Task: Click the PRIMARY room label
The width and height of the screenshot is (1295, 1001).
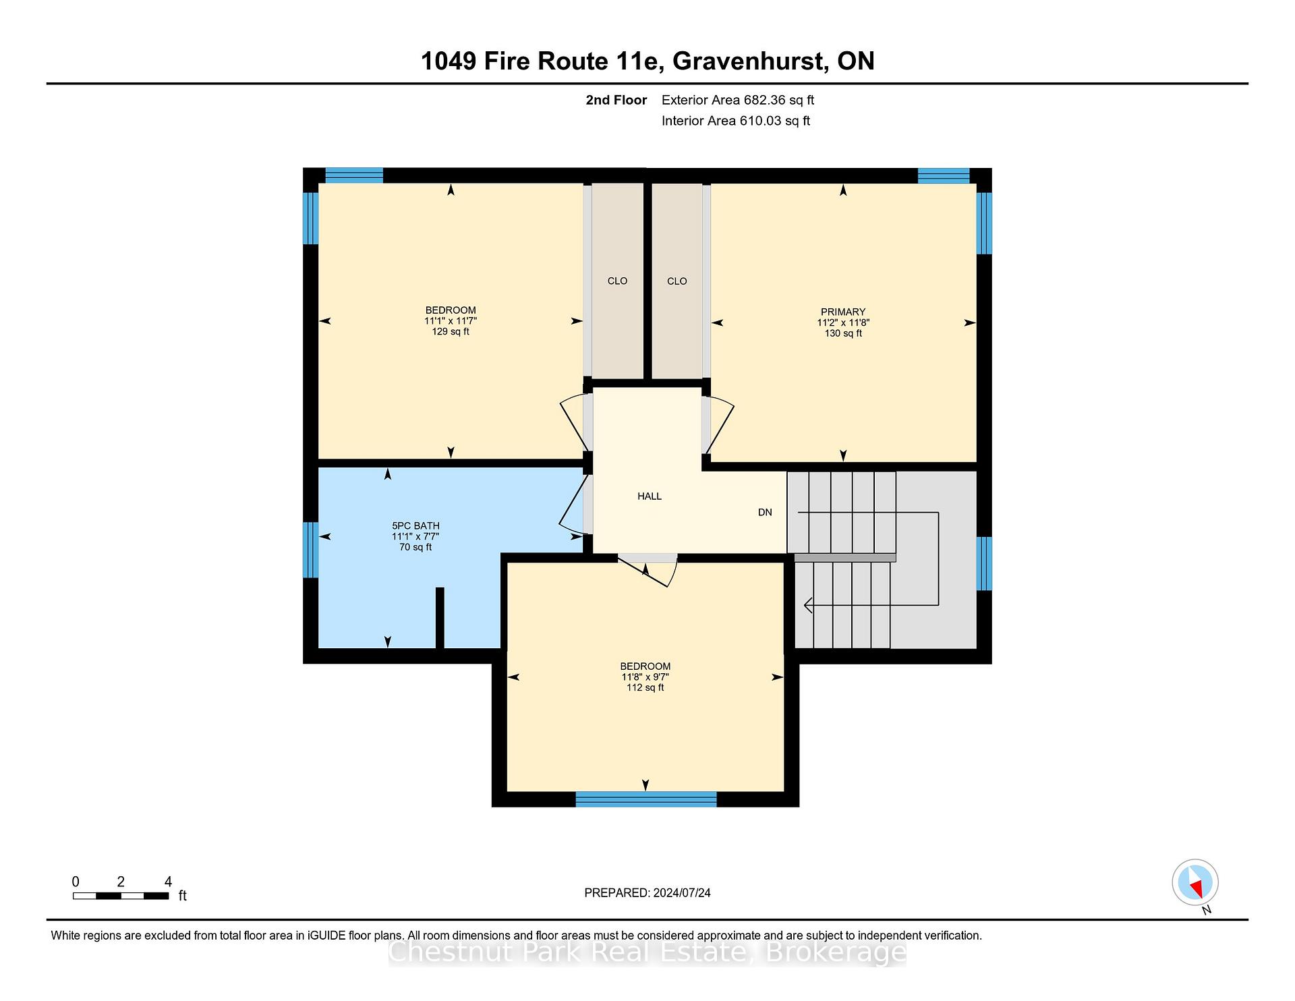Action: point(842,312)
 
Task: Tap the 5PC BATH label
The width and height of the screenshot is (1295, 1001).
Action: point(415,525)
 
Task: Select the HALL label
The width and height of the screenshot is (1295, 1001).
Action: point(650,496)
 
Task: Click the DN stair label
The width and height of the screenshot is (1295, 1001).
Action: point(765,512)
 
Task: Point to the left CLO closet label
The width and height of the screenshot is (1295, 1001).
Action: point(617,281)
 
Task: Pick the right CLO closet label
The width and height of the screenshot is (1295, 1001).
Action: point(677,281)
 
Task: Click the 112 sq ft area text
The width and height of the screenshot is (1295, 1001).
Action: point(645,687)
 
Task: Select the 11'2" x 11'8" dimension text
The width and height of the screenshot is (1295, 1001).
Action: point(843,322)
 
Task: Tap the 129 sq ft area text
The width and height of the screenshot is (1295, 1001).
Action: point(451,331)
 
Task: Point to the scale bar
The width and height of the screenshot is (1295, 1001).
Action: point(121,896)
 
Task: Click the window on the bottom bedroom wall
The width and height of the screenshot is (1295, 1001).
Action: point(645,799)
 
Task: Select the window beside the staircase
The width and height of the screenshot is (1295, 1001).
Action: point(985,563)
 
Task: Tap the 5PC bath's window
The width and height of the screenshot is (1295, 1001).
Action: point(310,550)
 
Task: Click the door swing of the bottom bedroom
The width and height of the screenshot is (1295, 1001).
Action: point(648,571)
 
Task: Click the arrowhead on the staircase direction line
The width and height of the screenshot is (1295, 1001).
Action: point(808,605)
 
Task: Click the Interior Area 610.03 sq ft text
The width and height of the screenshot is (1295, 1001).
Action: point(736,121)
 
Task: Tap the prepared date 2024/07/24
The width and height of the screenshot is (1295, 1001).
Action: point(682,892)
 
